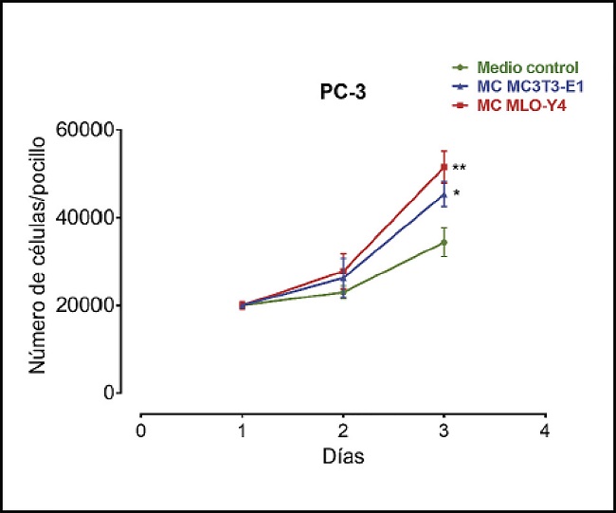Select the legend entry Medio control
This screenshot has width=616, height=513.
[528, 67]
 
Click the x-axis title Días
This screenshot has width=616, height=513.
[342, 456]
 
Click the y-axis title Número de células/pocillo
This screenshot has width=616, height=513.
[38, 261]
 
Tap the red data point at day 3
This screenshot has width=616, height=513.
[444, 167]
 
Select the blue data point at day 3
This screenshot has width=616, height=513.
[444, 195]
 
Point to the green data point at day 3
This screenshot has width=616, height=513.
[444, 243]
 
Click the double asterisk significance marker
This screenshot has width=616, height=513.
[459, 169]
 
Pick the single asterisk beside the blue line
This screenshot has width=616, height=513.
[456, 194]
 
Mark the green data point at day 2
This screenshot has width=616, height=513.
[343, 292]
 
